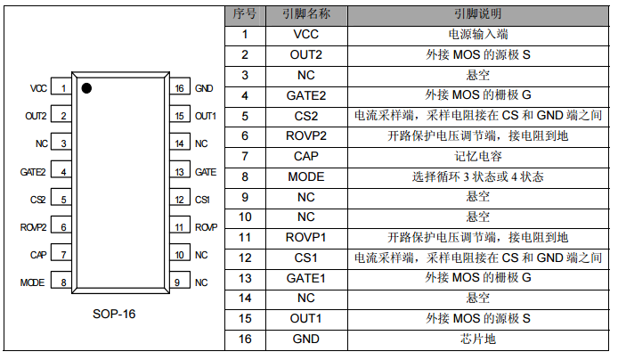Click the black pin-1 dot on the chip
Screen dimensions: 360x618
click(x=87, y=88)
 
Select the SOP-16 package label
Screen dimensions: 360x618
click(x=115, y=315)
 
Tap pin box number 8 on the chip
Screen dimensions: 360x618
click(x=64, y=282)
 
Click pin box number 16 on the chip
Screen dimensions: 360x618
click(x=179, y=88)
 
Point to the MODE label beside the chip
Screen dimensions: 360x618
click(x=32, y=282)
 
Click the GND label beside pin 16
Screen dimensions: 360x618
click(x=204, y=88)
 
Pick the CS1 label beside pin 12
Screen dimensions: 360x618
click(x=202, y=200)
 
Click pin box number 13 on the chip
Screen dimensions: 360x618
click(x=179, y=172)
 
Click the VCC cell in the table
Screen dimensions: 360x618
click(x=305, y=35)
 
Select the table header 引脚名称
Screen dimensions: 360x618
click(x=305, y=15)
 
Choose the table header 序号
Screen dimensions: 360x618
click(x=244, y=15)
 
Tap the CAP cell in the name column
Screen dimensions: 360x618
click(x=305, y=156)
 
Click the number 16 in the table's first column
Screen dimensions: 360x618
click(x=244, y=339)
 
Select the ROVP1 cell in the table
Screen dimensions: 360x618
click(x=305, y=237)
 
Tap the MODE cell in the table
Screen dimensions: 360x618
click(x=305, y=176)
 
